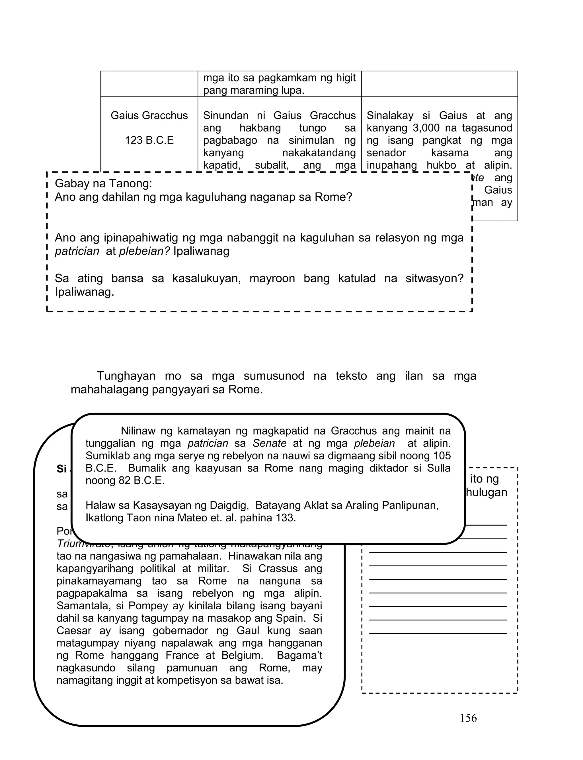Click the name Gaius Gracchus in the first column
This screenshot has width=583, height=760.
tap(149, 115)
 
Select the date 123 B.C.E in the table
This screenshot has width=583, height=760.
tap(149, 140)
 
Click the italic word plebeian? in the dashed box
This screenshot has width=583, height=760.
tap(144, 251)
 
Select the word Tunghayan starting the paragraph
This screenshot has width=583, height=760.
tap(126, 376)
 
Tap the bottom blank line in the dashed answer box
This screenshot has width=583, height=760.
tap(438, 633)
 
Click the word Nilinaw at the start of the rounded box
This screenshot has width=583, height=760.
tap(138, 431)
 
